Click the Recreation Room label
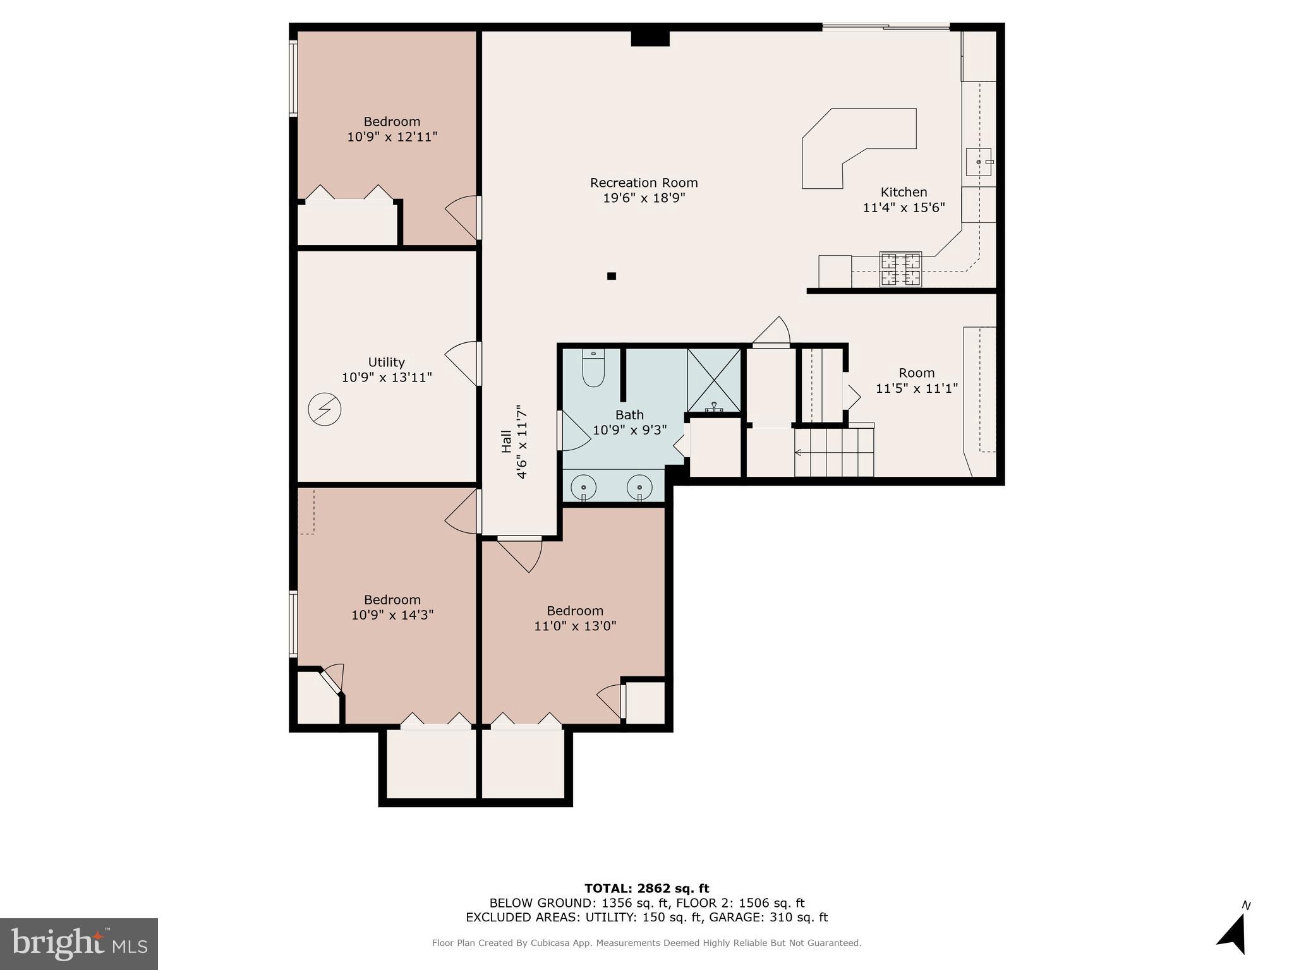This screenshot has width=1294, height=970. click(x=643, y=183)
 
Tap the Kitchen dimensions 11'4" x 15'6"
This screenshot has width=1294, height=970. click(x=904, y=208)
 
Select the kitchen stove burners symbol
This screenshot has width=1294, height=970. click(x=900, y=269)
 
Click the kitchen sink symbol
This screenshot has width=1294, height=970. click(x=979, y=162)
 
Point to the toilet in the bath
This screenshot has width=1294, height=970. click(x=593, y=369)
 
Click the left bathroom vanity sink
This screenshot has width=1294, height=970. click(x=583, y=488)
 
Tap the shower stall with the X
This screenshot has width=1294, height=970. click(x=714, y=380)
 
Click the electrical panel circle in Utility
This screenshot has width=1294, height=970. click(x=325, y=410)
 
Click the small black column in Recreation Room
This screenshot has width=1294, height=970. click(x=611, y=276)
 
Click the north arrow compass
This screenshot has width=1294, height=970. click(x=1232, y=935)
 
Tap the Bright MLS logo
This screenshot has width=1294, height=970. click(x=79, y=943)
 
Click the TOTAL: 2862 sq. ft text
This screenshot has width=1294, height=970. click(x=646, y=889)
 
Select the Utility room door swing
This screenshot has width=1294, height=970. click(x=461, y=364)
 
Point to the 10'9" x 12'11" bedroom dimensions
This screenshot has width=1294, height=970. click(x=392, y=137)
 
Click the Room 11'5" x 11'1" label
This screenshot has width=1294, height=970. click(x=916, y=381)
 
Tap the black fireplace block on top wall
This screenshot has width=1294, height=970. click(x=650, y=39)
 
